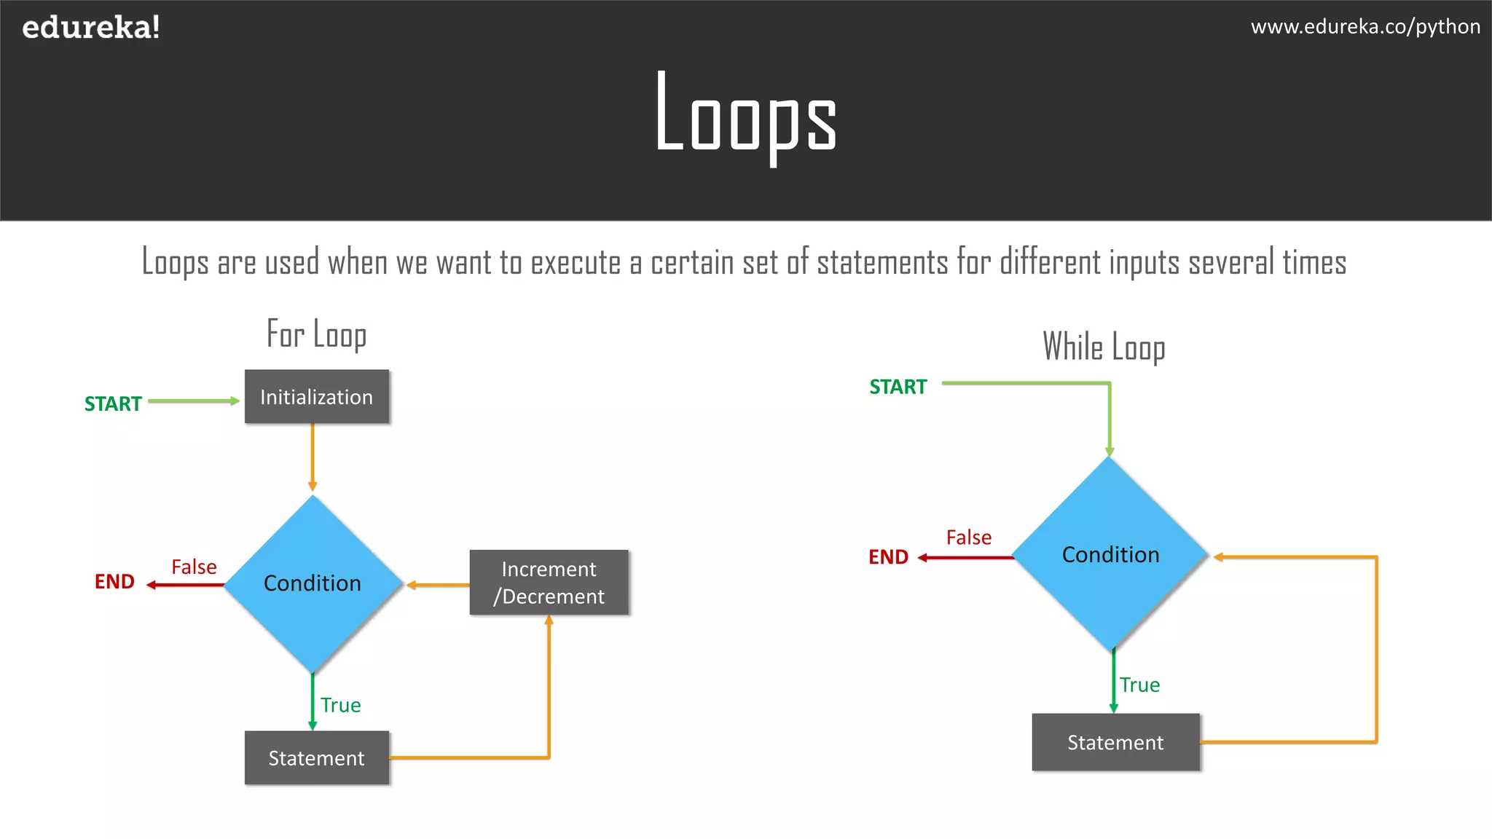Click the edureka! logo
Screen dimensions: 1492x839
(x=91, y=28)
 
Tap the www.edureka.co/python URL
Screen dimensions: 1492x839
(x=1365, y=27)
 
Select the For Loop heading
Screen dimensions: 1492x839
(x=316, y=334)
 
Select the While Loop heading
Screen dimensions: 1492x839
(x=1104, y=347)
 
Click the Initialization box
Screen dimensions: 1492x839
(x=316, y=397)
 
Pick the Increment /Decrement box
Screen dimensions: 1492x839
(x=549, y=583)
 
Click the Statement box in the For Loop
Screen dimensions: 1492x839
(x=316, y=758)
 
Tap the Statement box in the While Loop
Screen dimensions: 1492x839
(x=1115, y=742)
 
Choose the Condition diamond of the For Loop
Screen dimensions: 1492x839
(x=313, y=583)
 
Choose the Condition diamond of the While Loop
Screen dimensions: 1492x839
(x=1110, y=555)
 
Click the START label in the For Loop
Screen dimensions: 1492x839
(x=113, y=403)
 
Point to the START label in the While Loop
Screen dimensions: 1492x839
(x=898, y=387)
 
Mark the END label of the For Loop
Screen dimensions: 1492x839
(x=114, y=582)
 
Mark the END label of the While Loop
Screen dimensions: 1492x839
(x=888, y=557)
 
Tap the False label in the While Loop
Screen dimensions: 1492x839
(x=968, y=537)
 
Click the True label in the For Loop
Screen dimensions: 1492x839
(x=340, y=705)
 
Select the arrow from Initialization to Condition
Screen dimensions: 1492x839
(x=313, y=457)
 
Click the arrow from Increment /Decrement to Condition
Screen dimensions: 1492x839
(x=438, y=585)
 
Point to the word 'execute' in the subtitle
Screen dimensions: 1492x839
(x=576, y=262)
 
